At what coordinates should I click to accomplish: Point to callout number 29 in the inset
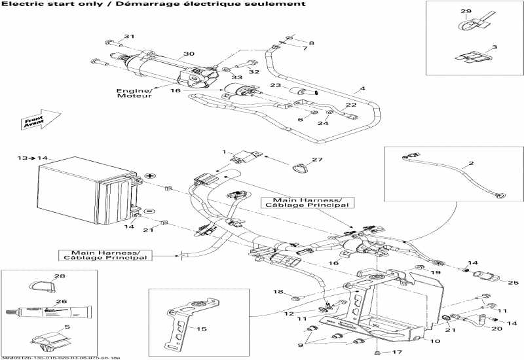click(466, 12)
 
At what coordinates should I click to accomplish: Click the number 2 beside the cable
click(470, 162)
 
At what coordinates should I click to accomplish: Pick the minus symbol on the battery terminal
click(149, 211)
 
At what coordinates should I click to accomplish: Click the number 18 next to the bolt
click(277, 292)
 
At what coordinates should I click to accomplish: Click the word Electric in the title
click(20, 4)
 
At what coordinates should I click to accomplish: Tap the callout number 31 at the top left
click(129, 36)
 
